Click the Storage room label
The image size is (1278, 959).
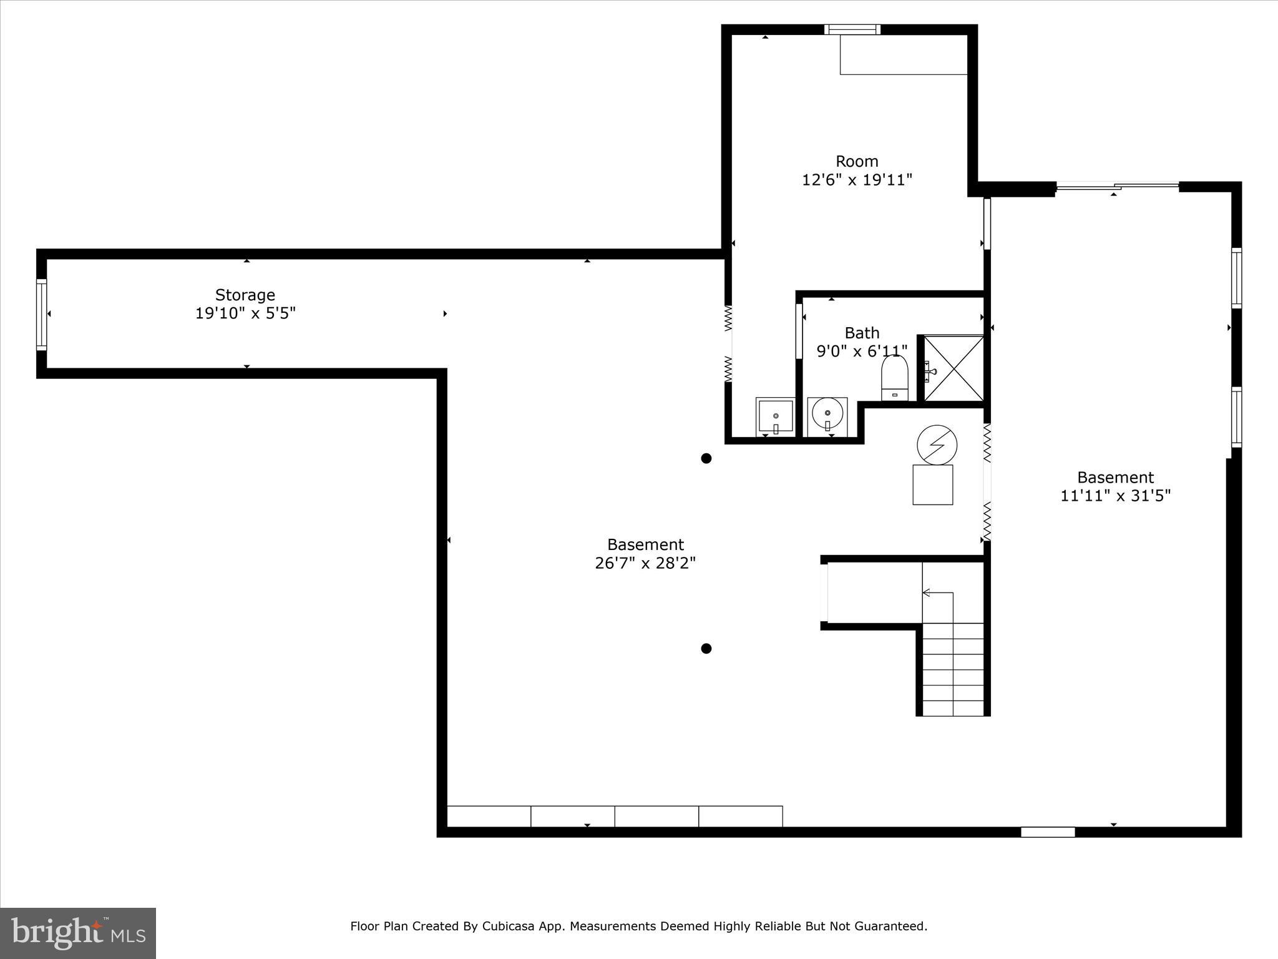tap(245, 295)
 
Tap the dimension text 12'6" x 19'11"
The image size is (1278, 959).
tap(857, 180)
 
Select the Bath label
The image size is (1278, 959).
tap(862, 333)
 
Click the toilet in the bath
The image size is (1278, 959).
tap(894, 378)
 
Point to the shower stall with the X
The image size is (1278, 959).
tap(954, 368)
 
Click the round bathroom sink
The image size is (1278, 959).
tap(827, 413)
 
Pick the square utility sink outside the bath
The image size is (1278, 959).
tap(775, 416)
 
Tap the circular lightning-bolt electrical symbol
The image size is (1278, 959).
tap(937, 445)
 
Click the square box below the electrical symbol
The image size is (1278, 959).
tap(932, 484)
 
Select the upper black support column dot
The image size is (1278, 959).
tap(706, 458)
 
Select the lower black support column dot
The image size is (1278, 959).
tap(706, 649)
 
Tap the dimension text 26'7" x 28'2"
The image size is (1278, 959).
tap(645, 563)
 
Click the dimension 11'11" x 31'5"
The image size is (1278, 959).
tap(1115, 496)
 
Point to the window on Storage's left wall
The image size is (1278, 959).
tap(42, 314)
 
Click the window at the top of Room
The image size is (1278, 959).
tap(852, 29)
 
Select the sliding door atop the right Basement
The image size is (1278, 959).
tap(1117, 185)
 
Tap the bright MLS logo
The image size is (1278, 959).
tap(78, 933)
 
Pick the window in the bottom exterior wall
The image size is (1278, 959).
tap(1048, 832)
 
